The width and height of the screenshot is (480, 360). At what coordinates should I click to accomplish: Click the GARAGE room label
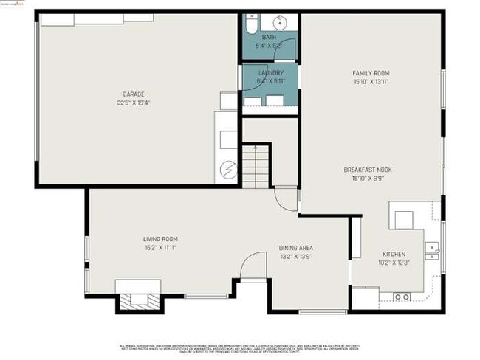134,94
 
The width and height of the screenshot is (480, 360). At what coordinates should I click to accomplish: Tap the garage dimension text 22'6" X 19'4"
134,103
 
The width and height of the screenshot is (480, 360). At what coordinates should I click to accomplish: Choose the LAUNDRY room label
270,72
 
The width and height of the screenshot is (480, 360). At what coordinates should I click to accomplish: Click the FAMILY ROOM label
371,73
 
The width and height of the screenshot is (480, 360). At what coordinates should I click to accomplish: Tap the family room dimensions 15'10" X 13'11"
371,81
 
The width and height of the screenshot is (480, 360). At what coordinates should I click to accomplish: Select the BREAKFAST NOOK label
368,170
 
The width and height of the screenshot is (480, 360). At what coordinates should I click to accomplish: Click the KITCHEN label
394,254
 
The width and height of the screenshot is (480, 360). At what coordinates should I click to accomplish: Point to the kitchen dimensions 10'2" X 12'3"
394,263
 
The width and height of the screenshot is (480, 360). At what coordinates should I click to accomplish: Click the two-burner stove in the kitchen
402,296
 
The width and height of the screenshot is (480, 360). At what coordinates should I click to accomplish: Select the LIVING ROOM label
160,239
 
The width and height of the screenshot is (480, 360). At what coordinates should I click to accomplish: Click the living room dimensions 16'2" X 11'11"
160,248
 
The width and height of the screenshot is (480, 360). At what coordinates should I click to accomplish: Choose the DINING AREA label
296,248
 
